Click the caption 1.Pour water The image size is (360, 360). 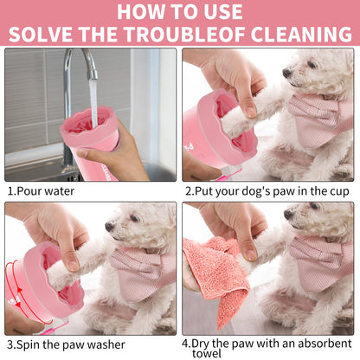(x=42, y=190)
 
